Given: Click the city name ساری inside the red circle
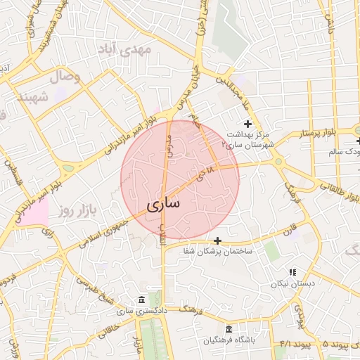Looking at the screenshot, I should pyautogui.click(x=164, y=204).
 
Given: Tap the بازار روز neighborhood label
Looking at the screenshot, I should pyautogui.click(x=77, y=210).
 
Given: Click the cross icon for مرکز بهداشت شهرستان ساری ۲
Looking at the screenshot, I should pyautogui.click(x=247, y=124).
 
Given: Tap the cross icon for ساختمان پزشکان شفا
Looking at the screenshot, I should pyautogui.click(x=217, y=240).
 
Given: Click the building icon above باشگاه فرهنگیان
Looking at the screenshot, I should pyautogui.click(x=228, y=329).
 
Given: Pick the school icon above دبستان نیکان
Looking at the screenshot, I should pyautogui.click(x=292, y=272).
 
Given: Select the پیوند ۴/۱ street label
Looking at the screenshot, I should pyautogui.click(x=289, y=344).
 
